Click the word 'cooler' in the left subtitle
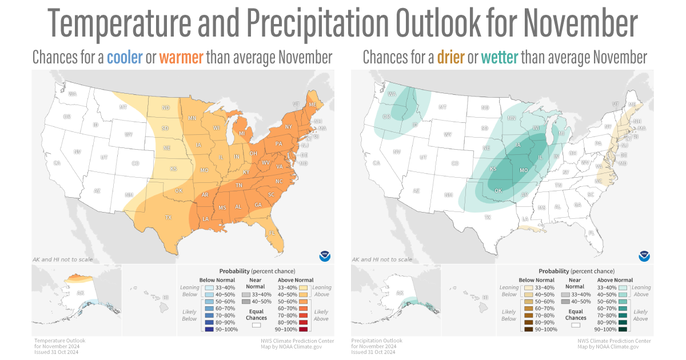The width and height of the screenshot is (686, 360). (124, 58)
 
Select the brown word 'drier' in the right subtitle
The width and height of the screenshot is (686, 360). (450, 58)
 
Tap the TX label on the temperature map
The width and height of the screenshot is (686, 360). (169, 217)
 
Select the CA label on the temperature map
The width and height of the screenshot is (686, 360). (57, 163)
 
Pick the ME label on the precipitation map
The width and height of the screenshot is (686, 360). (631, 105)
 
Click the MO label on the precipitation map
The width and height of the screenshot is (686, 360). (523, 170)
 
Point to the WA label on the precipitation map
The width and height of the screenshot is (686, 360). (392, 94)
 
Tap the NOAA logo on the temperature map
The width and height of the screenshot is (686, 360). (325, 255)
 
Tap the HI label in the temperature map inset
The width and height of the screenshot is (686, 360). (166, 298)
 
